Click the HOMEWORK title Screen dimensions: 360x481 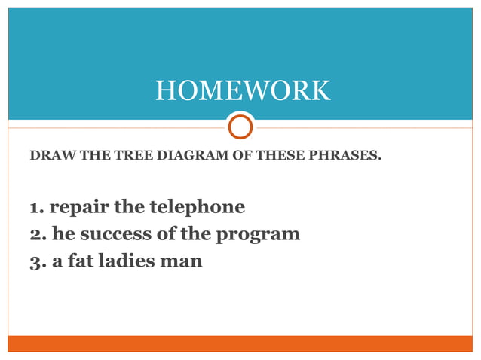coord(242,91)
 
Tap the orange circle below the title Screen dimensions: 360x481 coord(240,126)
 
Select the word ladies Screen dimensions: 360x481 coord(127,262)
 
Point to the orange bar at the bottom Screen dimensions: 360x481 coord(240,343)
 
